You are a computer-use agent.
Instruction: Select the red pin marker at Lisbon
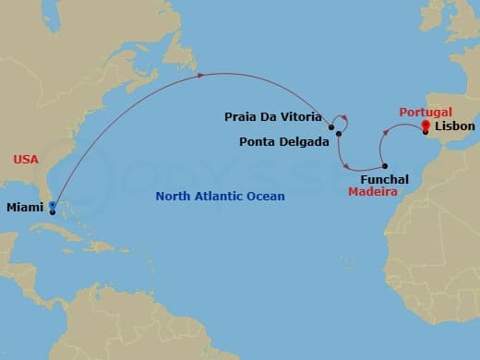[426, 126]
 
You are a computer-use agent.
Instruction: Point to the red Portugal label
[426, 111]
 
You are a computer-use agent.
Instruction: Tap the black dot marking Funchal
[385, 166]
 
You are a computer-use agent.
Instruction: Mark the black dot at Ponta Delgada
[339, 135]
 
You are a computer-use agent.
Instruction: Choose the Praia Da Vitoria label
[272, 117]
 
